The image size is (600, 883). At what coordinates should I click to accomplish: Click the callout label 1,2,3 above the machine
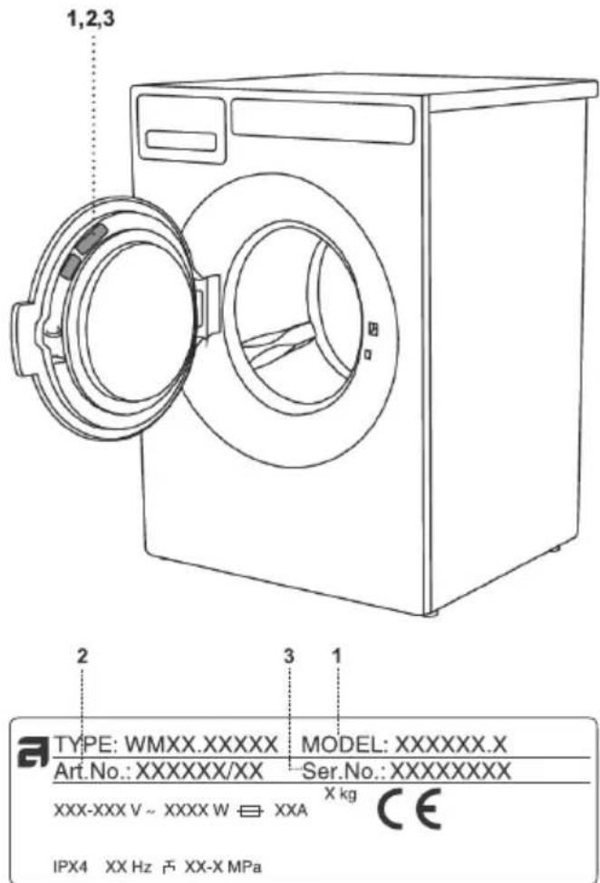[x=91, y=19]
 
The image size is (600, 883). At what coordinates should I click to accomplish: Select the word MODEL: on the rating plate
[x=344, y=744]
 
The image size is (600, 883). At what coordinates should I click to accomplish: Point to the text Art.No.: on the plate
[x=92, y=771]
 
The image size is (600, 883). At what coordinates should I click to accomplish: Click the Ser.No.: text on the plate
[x=344, y=771]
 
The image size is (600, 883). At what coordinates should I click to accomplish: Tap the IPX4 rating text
[x=71, y=866]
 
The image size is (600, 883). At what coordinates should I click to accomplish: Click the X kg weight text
[x=341, y=794]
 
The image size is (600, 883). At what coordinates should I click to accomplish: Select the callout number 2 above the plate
[x=82, y=656]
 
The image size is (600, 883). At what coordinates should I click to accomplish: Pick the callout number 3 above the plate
[x=288, y=656]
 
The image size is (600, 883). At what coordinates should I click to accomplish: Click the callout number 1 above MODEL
[x=337, y=656]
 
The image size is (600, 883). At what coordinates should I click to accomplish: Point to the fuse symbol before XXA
[x=250, y=811]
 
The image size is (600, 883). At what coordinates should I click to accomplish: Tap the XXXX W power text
[x=196, y=811]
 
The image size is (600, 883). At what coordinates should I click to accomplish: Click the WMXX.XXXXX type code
[x=201, y=744]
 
